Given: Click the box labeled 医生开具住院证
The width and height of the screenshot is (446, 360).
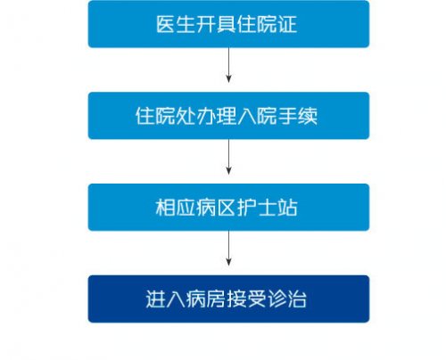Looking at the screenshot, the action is click(x=228, y=24).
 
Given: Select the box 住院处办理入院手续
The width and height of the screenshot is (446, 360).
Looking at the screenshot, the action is click(x=228, y=116).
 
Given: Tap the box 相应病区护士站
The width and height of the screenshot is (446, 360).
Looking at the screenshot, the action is click(x=228, y=208).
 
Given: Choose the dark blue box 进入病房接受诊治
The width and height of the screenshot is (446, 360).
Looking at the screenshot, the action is click(x=228, y=299).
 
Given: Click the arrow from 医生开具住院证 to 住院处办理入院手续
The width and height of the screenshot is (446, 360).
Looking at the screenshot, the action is click(x=228, y=65).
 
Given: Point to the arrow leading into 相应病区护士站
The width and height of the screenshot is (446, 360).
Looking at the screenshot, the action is click(x=228, y=157).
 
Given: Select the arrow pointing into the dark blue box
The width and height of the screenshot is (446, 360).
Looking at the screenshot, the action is click(x=228, y=249).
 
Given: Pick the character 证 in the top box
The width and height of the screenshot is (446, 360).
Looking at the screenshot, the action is click(x=287, y=24).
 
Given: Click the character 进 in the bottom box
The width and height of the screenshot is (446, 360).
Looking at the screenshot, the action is click(x=155, y=299).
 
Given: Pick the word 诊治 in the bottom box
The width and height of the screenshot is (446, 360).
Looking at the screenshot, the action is click(x=287, y=299).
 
